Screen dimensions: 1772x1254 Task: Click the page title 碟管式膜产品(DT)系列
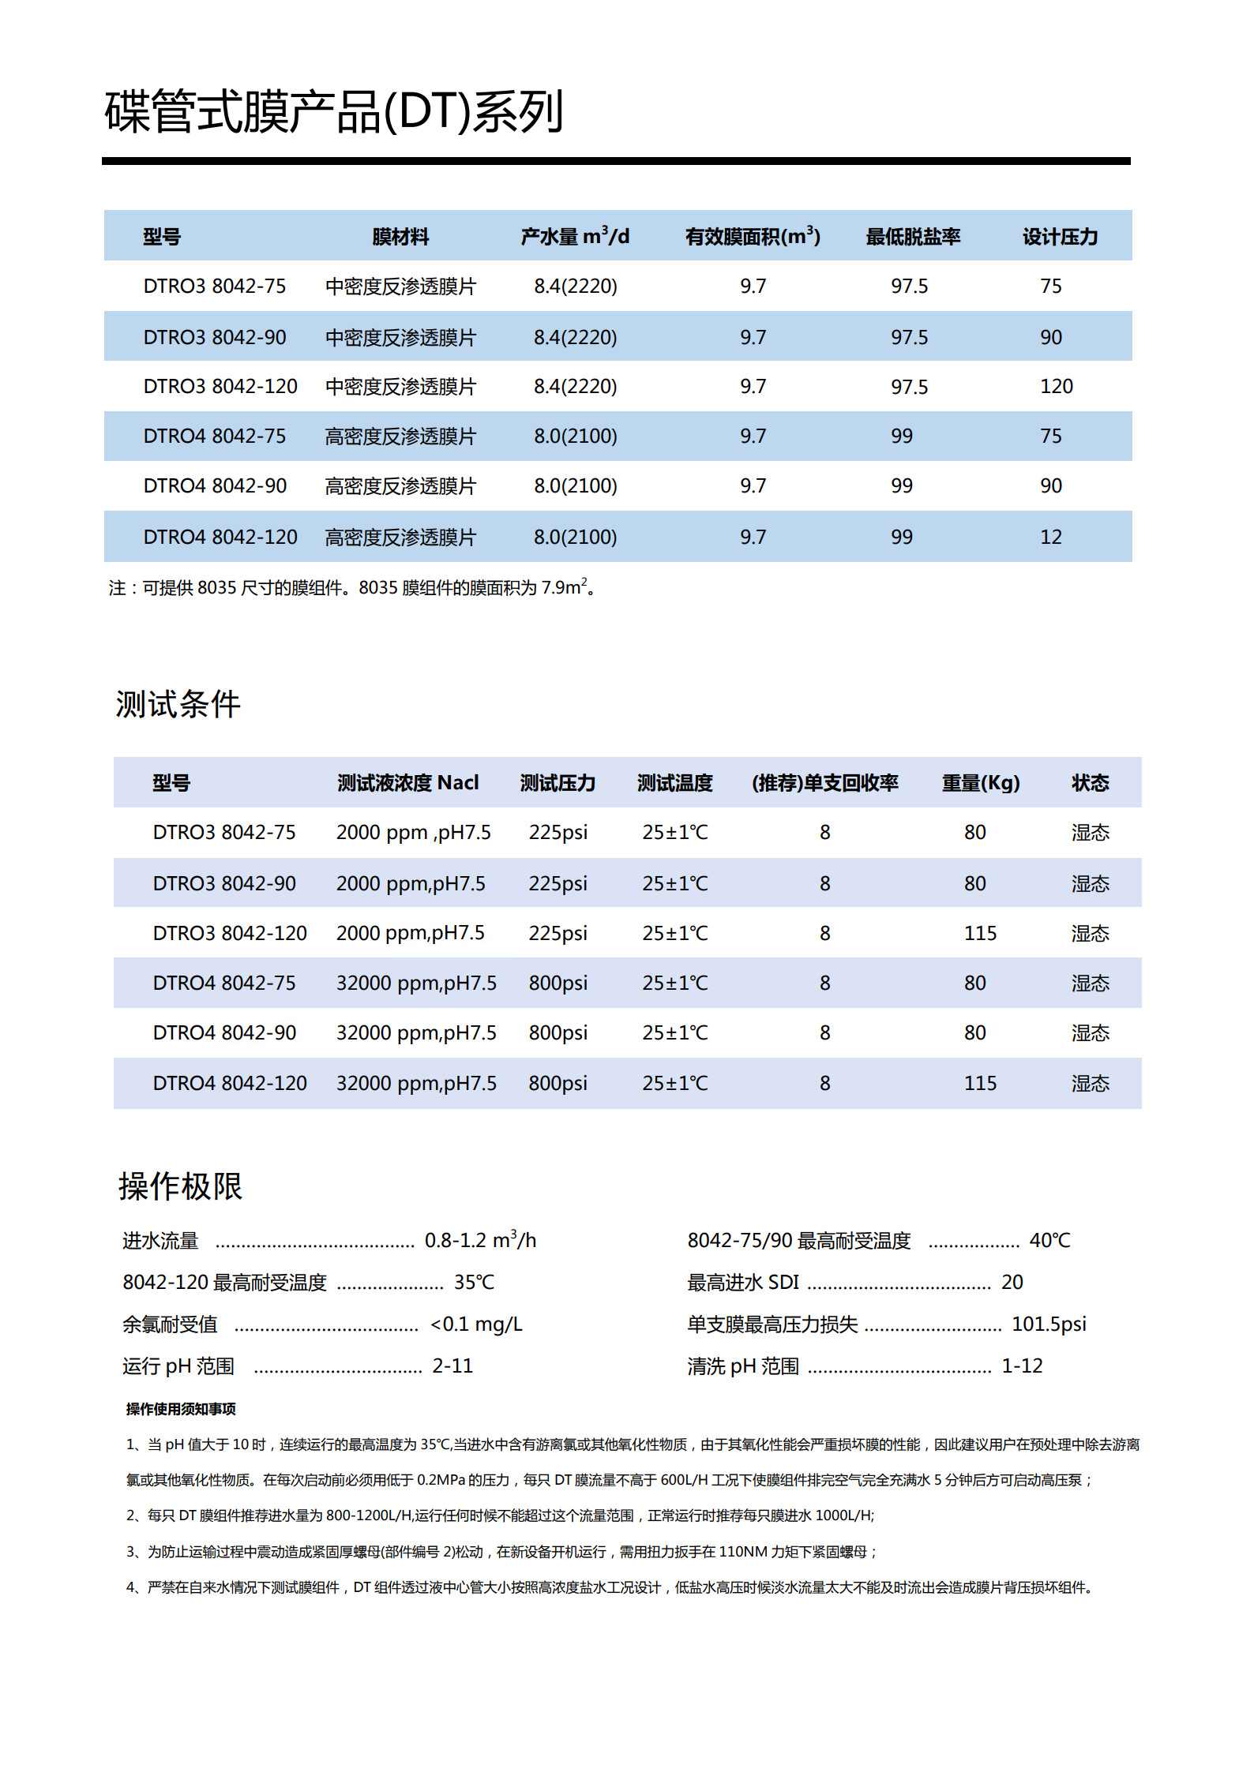(x=333, y=111)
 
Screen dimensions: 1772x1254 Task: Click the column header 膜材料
(x=400, y=237)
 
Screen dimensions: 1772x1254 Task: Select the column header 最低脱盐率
(x=912, y=237)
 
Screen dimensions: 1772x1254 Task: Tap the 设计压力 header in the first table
(x=1060, y=237)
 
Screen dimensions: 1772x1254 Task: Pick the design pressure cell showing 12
(x=1050, y=538)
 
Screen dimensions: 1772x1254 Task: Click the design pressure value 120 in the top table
(x=1056, y=387)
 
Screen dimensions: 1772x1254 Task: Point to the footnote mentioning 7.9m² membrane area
(x=352, y=588)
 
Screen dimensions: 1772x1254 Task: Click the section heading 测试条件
(x=178, y=704)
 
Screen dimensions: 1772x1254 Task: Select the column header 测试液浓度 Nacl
(x=407, y=783)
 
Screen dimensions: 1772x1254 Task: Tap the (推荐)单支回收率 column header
(x=824, y=783)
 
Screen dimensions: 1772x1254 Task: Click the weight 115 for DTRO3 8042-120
(x=980, y=934)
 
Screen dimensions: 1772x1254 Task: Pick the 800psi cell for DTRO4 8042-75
(x=558, y=983)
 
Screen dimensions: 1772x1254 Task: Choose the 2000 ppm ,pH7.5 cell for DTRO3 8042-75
(x=413, y=833)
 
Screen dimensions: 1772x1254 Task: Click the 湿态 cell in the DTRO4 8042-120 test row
(x=1090, y=1084)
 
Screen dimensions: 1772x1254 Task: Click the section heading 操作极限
(x=180, y=1186)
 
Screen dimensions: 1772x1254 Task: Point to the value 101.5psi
(x=1049, y=1324)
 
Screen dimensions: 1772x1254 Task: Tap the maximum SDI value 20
(x=1012, y=1282)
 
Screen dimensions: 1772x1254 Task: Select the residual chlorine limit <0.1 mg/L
(x=476, y=1324)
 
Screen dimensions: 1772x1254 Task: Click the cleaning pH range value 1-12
(x=1022, y=1366)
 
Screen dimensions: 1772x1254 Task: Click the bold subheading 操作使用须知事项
(x=181, y=1409)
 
